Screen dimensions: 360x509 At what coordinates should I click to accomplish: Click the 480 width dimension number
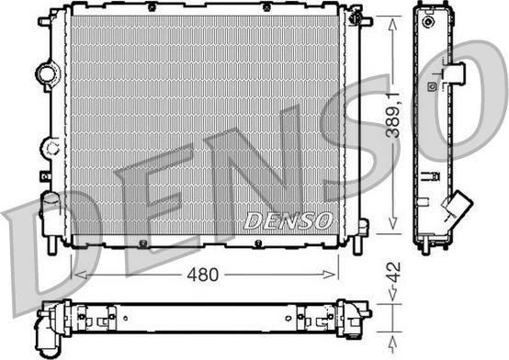[x=203, y=274]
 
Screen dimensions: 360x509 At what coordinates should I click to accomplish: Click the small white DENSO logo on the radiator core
[x=288, y=219]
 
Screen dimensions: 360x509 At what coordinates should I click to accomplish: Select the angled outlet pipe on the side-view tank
[x=456, y=209]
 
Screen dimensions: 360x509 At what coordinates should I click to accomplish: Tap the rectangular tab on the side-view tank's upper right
[x=455, y=73]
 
